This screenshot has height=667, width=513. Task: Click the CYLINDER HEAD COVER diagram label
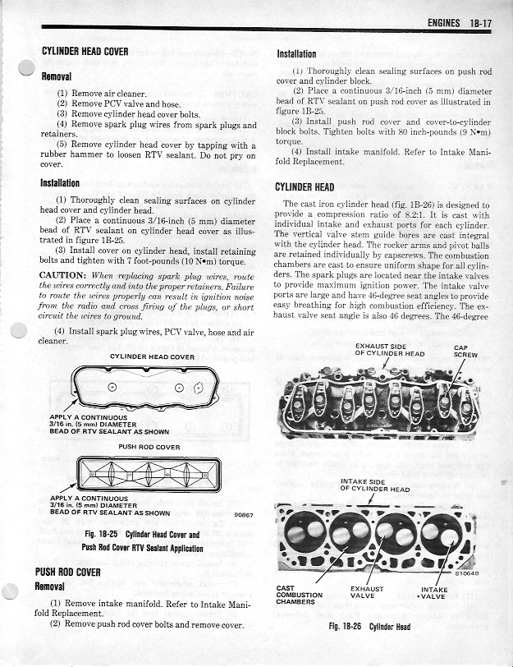152,356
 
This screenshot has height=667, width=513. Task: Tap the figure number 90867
243,516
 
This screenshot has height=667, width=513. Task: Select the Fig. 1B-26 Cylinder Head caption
370,627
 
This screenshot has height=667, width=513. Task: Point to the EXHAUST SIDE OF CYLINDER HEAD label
390,349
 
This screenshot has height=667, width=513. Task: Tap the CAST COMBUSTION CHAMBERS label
300,596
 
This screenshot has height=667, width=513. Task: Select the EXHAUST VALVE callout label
367,593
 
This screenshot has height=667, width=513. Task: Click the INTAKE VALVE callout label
433,593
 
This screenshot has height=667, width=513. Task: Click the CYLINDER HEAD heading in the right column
305,186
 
